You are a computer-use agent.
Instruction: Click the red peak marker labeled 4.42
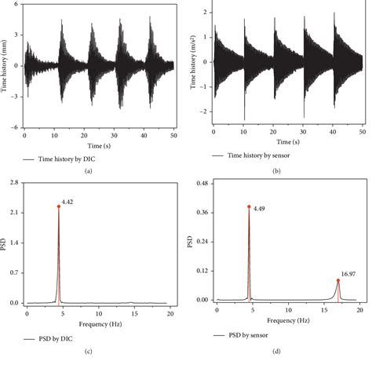pyautogui.click(x=59, y=206)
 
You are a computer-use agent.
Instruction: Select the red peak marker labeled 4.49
pyautogui.click(x=249, y=206)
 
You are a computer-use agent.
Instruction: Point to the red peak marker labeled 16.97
pyautogui.click(x=338, y=280)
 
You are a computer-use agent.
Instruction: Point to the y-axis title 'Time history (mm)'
pyautogui.click(x=6, y=71)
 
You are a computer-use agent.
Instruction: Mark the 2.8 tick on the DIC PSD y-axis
pyautogui.click(x=16, y=182)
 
